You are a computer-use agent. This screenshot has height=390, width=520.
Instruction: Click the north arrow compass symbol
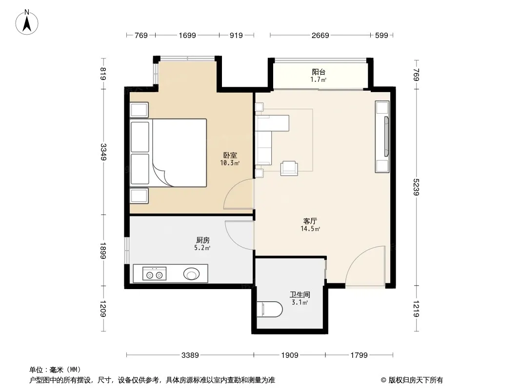pyautogui.click(x=27, y=22)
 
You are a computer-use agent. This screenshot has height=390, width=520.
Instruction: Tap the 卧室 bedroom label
pyautogui.click(x=230, y=155)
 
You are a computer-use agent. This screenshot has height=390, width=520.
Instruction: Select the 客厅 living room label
pyautogui.click(x=310, y=221)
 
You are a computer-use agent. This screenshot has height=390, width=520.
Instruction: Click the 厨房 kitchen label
pyautogui.click(x=202, y=240)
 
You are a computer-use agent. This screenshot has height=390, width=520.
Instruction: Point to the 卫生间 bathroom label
pyautogui.click(x=300, y=294)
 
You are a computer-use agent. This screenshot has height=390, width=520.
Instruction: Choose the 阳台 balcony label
pyautogui.click(x=319, y=72)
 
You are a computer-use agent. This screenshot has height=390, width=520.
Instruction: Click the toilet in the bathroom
pyautogui.click(x=270, y=309)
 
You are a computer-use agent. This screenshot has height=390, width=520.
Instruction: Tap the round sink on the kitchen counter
pyautogui.click(x=191, y=274)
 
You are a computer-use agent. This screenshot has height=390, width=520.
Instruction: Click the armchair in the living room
pyautogui.click(x=289, y=168)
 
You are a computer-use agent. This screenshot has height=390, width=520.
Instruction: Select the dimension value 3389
pyautogui.click(x=190, y=355)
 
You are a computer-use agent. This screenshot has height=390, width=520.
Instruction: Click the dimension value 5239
pyautogui.click(x=417, y=187)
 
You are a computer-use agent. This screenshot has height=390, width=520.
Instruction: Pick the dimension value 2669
pyautogui.click(x=320, y=35)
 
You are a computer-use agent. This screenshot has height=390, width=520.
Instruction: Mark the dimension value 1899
pyautogui.click(x=103, y=251)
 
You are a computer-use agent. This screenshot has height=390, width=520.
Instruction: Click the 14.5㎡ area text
pyautogui.click(x=310, y=229)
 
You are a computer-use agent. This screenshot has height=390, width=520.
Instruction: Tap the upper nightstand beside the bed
pyautogui.click(x=139, y=110)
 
